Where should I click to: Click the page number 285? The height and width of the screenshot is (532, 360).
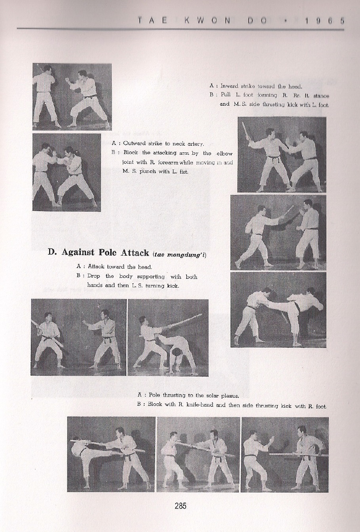[x=180, y=505]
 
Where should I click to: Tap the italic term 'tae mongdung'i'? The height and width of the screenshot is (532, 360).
[x=179, y=254]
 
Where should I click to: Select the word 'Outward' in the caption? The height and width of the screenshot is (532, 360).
[x=134, y=143]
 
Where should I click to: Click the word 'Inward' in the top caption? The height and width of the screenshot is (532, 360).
[x=228, y=86]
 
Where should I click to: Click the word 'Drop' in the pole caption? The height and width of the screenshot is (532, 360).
[x=94, y=276]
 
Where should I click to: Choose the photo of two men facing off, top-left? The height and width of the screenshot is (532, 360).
[x=72, y=97]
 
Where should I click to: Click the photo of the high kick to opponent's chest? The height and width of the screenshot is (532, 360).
[x=278, y=310]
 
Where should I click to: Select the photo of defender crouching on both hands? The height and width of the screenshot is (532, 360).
[x=168, y=338]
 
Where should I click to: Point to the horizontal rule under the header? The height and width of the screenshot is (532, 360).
[x=180, y=29]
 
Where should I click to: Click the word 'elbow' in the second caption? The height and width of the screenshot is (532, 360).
[x=224, y=153]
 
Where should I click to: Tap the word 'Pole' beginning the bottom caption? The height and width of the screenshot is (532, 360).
[x=155, y=395]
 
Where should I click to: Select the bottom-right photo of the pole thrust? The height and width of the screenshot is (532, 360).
[x=284, y=454]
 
